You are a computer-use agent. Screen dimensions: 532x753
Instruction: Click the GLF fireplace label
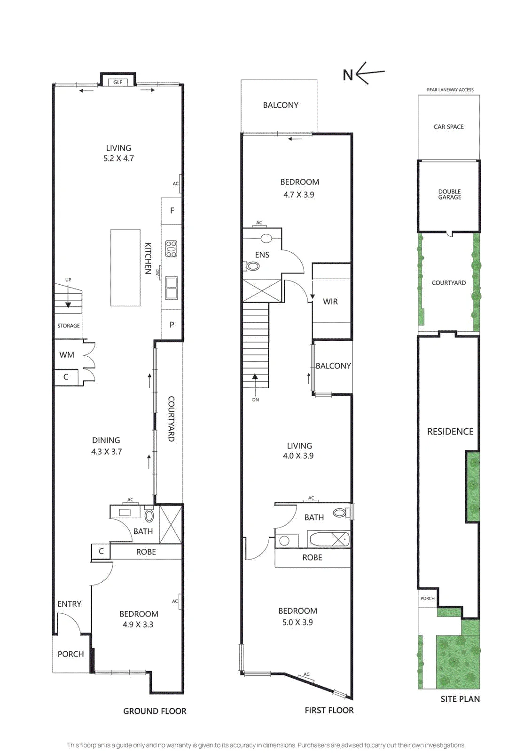tap(117, 82)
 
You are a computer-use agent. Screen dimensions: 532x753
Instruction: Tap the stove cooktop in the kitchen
tap(171, 249)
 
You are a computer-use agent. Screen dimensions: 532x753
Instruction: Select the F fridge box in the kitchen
tap(172, 211)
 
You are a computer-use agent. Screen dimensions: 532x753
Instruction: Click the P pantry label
tap(172, 325)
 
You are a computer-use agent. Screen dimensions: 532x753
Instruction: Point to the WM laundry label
tap(66, 355)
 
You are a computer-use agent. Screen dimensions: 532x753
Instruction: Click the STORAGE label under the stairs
tap(69, 326)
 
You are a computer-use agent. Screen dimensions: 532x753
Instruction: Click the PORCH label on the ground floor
tap(70, 654)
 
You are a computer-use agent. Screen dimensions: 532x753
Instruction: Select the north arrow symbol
tap(364, 73)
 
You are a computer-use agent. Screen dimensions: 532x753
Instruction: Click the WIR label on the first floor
tap(330, 302)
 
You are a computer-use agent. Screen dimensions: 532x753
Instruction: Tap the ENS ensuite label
tap(262, 255)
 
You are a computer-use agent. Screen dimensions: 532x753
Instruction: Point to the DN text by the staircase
tap(256, 400)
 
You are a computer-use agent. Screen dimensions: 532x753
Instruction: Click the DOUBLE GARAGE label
tap(449, 194)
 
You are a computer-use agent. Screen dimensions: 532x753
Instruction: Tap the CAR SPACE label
tap(449, 127)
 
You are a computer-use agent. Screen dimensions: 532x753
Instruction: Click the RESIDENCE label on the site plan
tap(450, 431)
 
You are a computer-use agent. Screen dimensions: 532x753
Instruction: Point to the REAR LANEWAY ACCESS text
tap(450, 90)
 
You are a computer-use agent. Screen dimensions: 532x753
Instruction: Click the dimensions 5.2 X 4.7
tap(118, 158)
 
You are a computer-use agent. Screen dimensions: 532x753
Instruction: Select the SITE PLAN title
tap(460, 699)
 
